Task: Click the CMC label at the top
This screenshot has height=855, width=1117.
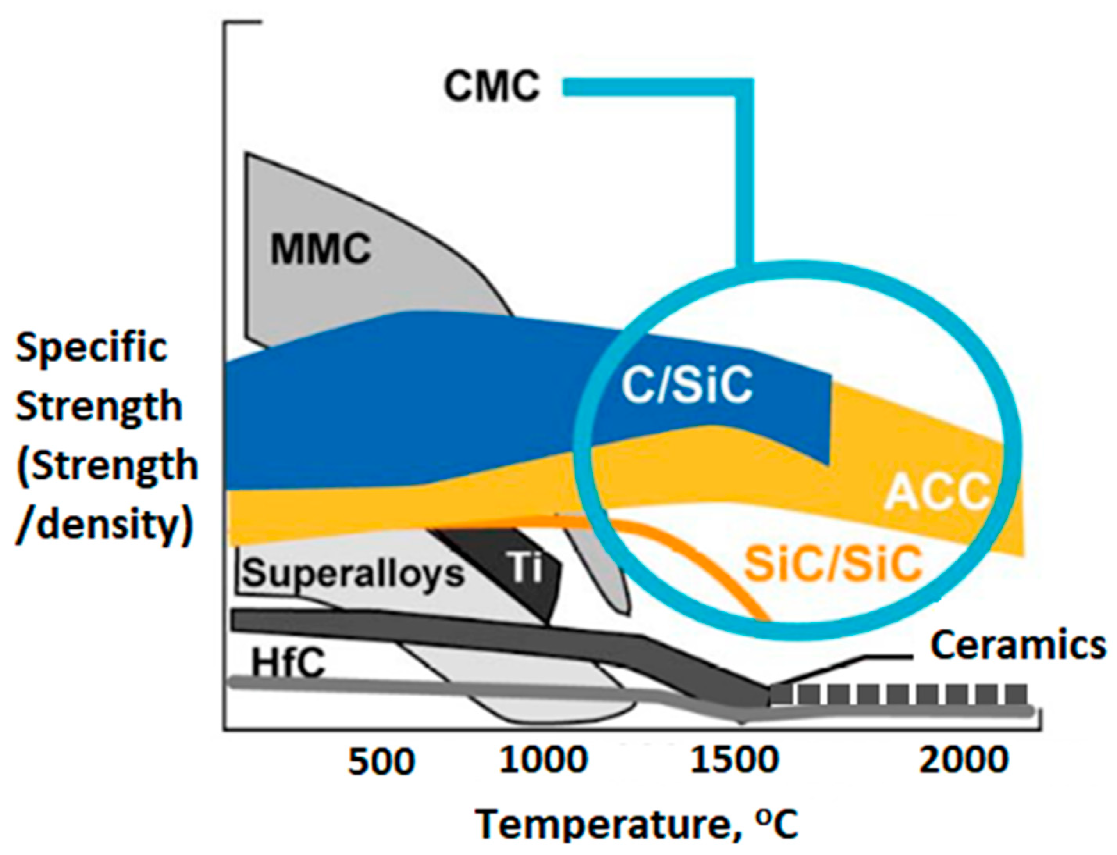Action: tap(491, 87)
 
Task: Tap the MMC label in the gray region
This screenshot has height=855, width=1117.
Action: tap(320, 249)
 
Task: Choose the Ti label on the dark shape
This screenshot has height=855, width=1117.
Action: tap(525, 568)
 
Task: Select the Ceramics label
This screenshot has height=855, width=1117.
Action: tap(1018, 646)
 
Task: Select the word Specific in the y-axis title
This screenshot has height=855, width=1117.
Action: tap(92, 349)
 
